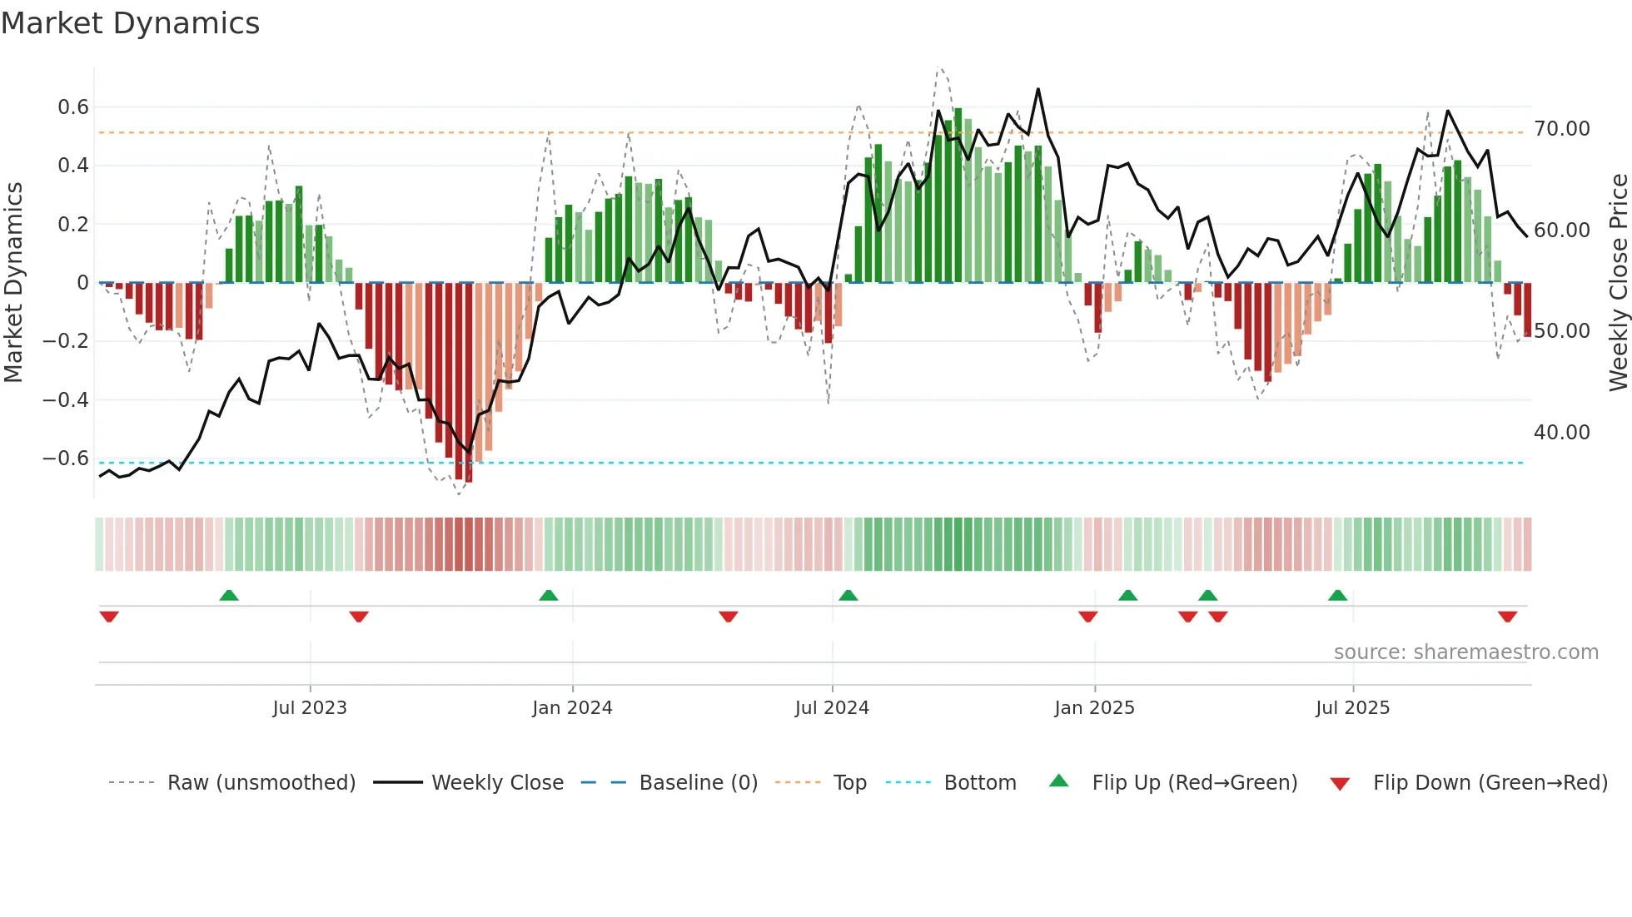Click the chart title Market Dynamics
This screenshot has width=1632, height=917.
point(131,23)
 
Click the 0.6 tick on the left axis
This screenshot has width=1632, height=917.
point(73,107)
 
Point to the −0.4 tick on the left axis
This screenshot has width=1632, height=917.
point(66,400)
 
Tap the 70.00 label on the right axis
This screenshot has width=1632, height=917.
point(1562,129)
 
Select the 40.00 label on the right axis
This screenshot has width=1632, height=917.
point(1562,433)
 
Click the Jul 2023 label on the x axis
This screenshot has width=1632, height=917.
point(310,708)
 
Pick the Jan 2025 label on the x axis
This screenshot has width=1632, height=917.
point(1094,708)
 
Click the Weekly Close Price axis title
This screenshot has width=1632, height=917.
point(1618,283)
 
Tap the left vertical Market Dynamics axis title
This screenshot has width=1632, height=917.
point(13,283)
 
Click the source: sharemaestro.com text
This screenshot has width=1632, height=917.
point(1465,652)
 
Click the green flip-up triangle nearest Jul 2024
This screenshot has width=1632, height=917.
point(848,596)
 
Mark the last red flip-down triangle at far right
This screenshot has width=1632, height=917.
point(1507,617)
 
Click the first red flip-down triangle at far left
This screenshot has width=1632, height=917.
point(109,617)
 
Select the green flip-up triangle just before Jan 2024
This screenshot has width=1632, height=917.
point(549,596)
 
